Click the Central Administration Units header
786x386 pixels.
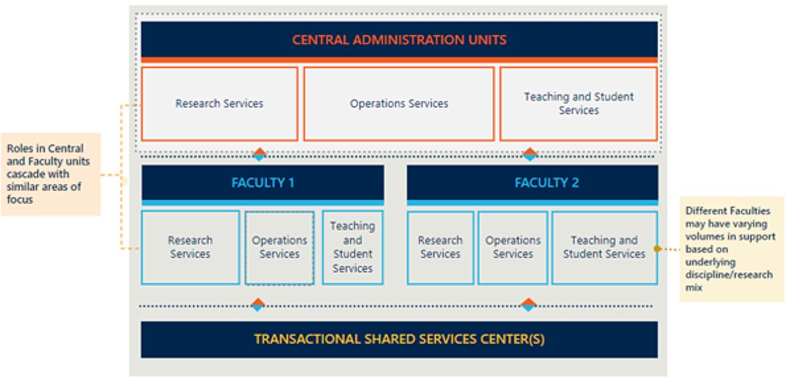point(399,39)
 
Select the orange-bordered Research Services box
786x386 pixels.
point(219,103)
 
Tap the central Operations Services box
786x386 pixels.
point(399,103)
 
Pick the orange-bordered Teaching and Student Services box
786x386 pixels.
point(578,103)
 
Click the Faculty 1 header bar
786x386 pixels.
point(263,183)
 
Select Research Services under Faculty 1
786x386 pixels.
point(190,247)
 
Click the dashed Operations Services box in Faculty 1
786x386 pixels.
point(280,247)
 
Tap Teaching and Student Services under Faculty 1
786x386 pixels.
point(352,247)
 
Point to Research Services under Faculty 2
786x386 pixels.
point(440,247)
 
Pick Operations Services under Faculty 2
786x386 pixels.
point(513,247)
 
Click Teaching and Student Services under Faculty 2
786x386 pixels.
point(604,247)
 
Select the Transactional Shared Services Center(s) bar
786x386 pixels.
point(399,340)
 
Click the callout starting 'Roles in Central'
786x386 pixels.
point(50,174)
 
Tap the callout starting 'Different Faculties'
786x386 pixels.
point(730,249)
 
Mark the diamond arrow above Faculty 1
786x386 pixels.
point(259,154)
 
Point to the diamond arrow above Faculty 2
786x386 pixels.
point(530,154)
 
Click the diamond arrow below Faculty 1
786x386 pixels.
point(257,305)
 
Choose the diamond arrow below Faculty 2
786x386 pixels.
point(529,305)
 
